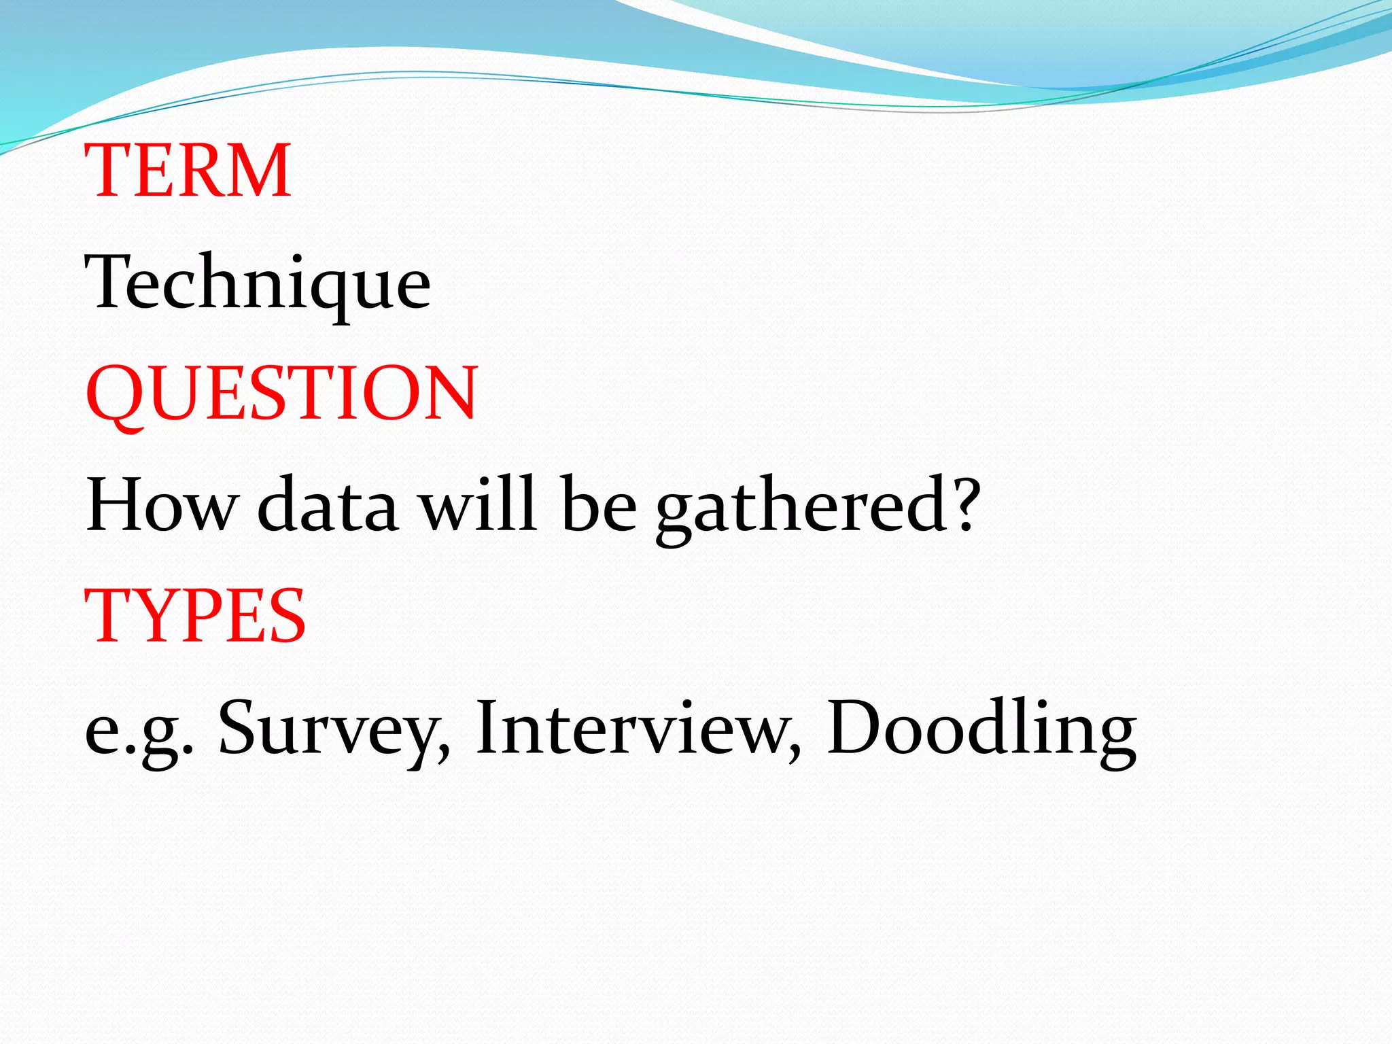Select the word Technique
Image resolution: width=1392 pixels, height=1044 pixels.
click(258, 282)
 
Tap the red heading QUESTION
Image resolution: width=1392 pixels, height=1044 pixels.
click(281, 394)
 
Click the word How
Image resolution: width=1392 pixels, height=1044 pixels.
click(162, 505)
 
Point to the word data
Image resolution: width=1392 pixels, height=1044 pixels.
click(328, 505)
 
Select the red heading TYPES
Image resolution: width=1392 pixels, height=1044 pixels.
click(195, 616)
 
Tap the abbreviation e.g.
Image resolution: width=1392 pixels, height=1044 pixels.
click(139, 731)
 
